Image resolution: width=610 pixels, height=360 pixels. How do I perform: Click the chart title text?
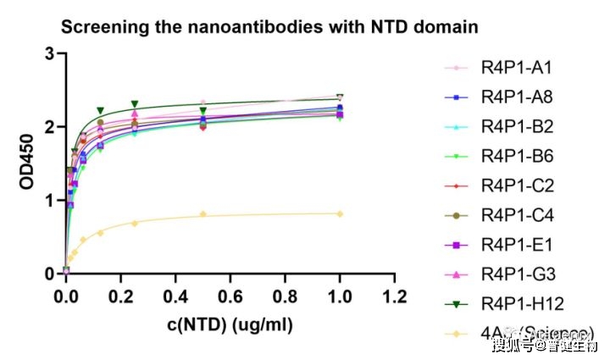[269, 27]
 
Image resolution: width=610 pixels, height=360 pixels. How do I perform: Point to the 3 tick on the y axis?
[49, 54]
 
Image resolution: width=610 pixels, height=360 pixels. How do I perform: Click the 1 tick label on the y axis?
[49, 201]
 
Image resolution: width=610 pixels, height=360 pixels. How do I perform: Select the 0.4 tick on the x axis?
[175, 298]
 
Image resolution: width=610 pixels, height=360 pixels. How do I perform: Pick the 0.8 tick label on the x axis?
[285, 298]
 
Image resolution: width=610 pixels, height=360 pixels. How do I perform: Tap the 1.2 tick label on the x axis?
[394, 298]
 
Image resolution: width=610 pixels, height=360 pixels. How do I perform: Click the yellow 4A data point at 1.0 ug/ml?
[340, 213]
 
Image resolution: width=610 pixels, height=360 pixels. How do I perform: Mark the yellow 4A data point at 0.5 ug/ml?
[202, 214]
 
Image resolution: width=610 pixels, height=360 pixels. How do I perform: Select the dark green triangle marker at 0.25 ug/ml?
[135, 104]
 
